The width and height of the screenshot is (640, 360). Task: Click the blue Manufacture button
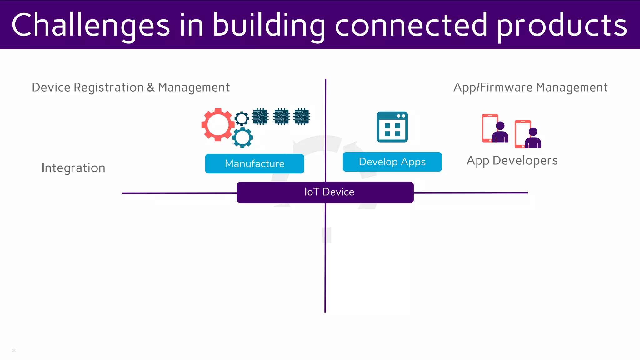tap(254, 163)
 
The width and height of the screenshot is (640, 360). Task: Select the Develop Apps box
tap(392, 162)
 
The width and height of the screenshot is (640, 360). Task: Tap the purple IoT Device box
tap(325, 192)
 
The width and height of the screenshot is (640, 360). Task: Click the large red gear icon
tap(218, 125)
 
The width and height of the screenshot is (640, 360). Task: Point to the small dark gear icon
tap(242, 118)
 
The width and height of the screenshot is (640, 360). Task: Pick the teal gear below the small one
tap(242, 137)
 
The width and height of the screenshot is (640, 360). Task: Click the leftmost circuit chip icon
tap(260, 117)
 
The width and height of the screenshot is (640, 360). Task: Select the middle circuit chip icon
tap(281, 117)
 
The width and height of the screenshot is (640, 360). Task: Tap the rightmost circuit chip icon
tap(302, 117)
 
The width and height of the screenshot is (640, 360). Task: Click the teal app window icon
tap(392, 127)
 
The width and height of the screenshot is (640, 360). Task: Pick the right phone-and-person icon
tap(528, 134)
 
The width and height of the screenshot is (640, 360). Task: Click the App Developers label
tap(512, 161)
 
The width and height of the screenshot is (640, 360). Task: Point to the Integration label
tap(73, 168)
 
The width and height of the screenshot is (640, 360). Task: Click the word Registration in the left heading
tap(108, 87)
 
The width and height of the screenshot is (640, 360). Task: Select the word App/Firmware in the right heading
tap(493, 87)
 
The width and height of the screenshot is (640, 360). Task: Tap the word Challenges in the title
tap(91, 25)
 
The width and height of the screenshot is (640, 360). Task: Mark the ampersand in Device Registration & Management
tap(151, 87)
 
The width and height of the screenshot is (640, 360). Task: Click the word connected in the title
tap(411, 25)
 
